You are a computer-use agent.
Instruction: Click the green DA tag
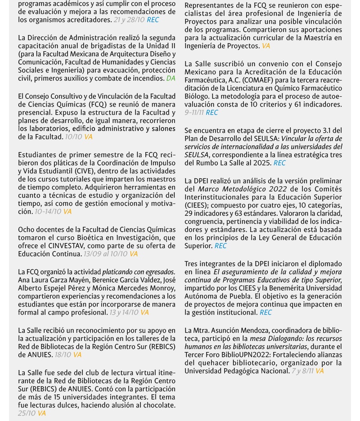[171, 78]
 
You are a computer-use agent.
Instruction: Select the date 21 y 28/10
[129, 20]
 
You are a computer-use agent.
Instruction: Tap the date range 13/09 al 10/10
[105, 254]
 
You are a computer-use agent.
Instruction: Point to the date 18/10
[63, 355]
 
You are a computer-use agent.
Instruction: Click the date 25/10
[27, 413]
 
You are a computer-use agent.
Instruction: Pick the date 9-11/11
[194, 113]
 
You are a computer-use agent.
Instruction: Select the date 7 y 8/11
[302, 371]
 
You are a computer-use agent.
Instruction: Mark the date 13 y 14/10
[124, 312]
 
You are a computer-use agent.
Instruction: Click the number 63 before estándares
[239, 213]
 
